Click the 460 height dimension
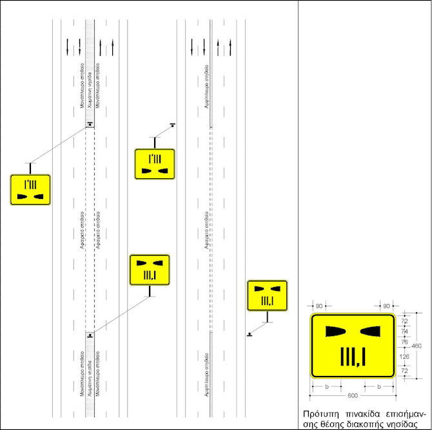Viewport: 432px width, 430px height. click(417, 346)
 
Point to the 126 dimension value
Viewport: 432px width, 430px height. click(405, 356)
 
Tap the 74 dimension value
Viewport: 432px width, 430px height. click(405, 332)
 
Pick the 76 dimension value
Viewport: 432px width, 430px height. click(405, 342)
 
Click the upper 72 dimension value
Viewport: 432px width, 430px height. click(405, 320)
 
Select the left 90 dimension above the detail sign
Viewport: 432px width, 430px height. click(319, 306)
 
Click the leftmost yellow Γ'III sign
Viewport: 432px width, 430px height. click(30, 189)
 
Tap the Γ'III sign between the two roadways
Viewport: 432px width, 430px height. click(155, 164)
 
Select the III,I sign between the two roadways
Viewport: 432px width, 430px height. click(150, 270)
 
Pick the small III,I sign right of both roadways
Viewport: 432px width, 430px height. click(267, 295)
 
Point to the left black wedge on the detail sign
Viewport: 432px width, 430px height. click(335, 331)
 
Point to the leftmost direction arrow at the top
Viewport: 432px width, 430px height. click(68, 46)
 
